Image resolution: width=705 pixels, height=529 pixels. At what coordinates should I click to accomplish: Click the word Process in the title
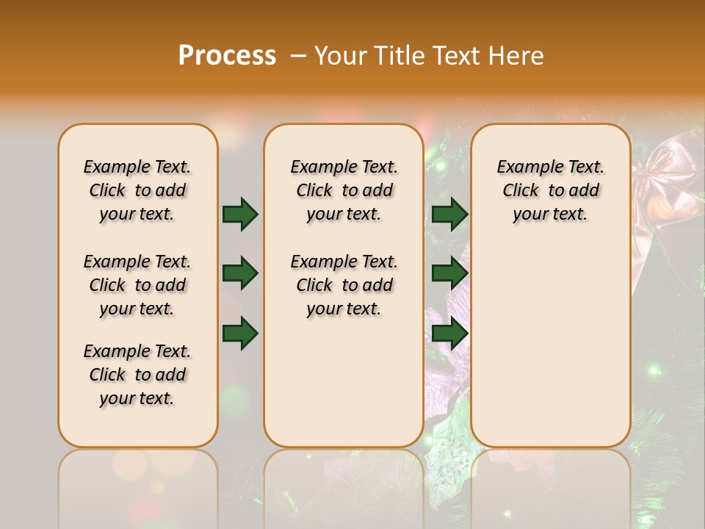point(227,55)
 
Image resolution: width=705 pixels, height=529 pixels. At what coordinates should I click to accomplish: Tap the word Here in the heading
point(516,55)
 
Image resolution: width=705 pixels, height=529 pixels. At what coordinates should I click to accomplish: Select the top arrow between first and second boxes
point(240,214)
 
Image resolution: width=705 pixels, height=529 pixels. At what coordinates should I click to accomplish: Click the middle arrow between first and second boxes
point(240,274)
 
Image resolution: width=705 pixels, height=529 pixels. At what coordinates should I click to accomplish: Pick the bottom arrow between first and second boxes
point(240,334)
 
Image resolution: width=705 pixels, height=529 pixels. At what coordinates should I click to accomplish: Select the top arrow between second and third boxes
point(450,214)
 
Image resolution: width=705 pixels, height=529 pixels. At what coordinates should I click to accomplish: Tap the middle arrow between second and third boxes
point(450,274)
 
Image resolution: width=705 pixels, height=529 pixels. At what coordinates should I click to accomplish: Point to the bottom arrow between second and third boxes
point(450,334)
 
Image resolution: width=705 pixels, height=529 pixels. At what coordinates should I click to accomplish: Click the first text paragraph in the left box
point(137,190)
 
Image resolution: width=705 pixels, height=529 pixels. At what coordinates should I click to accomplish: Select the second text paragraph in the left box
point(137,285)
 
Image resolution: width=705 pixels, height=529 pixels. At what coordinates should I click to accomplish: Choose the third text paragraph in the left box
point(137,375)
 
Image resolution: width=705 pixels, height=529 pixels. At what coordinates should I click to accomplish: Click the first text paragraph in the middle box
point(344,190)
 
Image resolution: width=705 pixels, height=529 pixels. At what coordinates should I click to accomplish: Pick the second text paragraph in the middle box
point(344,285)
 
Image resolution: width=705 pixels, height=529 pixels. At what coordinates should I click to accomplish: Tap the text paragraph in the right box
point(550,190)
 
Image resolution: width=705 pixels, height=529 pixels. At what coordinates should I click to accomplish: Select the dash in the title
point(297,56)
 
